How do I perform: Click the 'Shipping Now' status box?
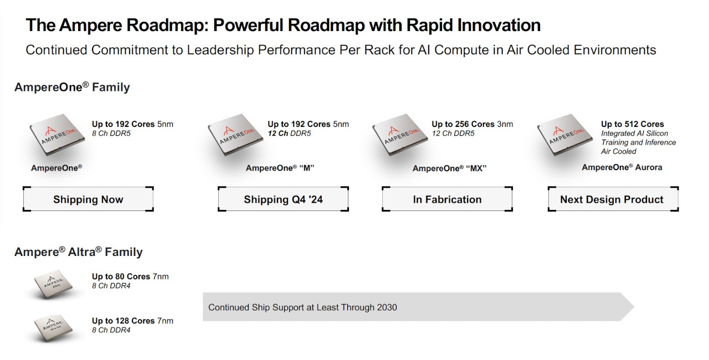click(88, 199)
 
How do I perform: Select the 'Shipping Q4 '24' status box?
click(283, 199)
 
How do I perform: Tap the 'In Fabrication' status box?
click(447, 199)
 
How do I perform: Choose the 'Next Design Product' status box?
click(613, 199)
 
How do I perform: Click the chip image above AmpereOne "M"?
click(235, 135)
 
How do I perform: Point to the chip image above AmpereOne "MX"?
click(400, 135)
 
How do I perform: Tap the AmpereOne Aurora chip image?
click(565, 135)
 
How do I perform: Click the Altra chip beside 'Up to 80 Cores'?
click(54, 284)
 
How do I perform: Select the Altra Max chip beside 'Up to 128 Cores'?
click(54, 328)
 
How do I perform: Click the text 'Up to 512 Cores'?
click(633, 124)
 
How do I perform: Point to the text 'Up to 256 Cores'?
click(463, 124)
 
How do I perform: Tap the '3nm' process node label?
click(505, 124)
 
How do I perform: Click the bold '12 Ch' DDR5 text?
click(278, 133)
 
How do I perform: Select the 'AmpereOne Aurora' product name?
click(622, 167)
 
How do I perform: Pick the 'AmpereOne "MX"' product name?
click(449, 168)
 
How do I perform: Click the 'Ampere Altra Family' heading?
click(79, 252)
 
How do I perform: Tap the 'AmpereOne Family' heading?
click(72, 87)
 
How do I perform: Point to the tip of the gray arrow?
click(634, 306)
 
